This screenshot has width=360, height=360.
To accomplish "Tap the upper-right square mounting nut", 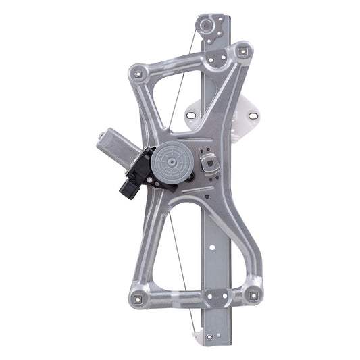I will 241,50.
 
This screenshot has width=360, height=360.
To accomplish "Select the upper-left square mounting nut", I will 139,70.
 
